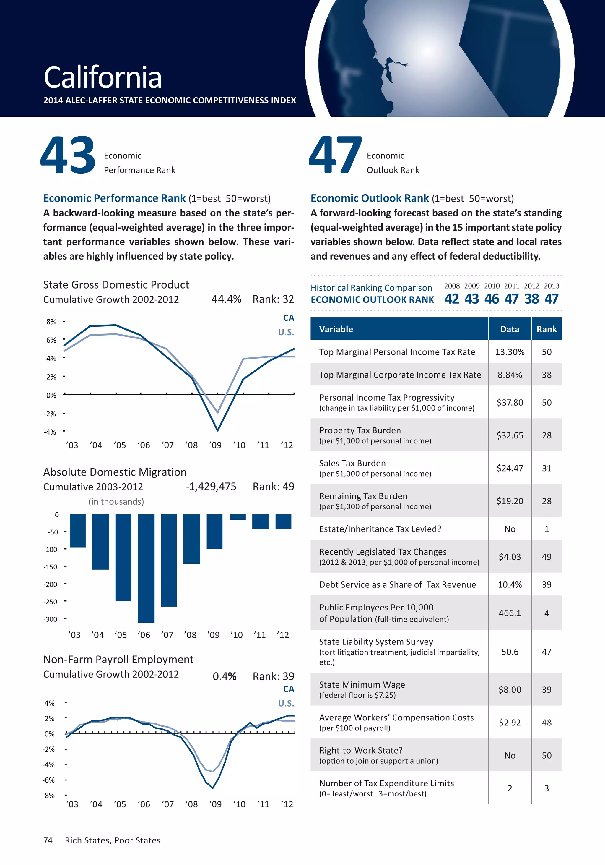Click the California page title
click(x=103, y=77)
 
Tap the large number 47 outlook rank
click(x=335, y=155)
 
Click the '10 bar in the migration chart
click(x=238, y=517)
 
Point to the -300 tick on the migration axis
click(x=51, y=619)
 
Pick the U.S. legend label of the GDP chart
click(x=286, y=332)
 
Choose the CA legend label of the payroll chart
click(x=288, y=689)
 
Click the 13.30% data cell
click(x=510, y=352)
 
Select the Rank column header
click(x=546, y=329)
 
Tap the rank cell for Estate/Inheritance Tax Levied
click(x=546, y=529)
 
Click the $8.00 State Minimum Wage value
click(x=510, y=689)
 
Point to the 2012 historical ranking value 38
click(x=531, y=299)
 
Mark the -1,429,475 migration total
click(x=211, y=487)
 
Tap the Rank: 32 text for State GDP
click(x=273, y=299)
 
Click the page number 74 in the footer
click(x=48, y=840)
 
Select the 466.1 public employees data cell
click(x=510, y=613)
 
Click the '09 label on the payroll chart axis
click(x=215, y=804)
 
